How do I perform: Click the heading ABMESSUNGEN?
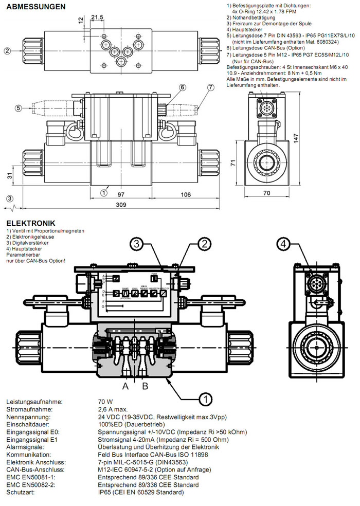[35, 7]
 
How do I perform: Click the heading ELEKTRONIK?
[30, 223]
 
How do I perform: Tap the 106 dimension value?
[185, 195]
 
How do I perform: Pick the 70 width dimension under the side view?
[266, 194]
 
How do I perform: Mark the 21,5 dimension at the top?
[97, 17]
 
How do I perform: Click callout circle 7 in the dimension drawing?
[210, 87]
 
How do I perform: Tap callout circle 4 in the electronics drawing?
[283, 244]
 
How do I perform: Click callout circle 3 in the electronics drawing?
[135, 244]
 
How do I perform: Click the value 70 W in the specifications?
[105, 402]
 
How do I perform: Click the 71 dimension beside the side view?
[232, 163]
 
